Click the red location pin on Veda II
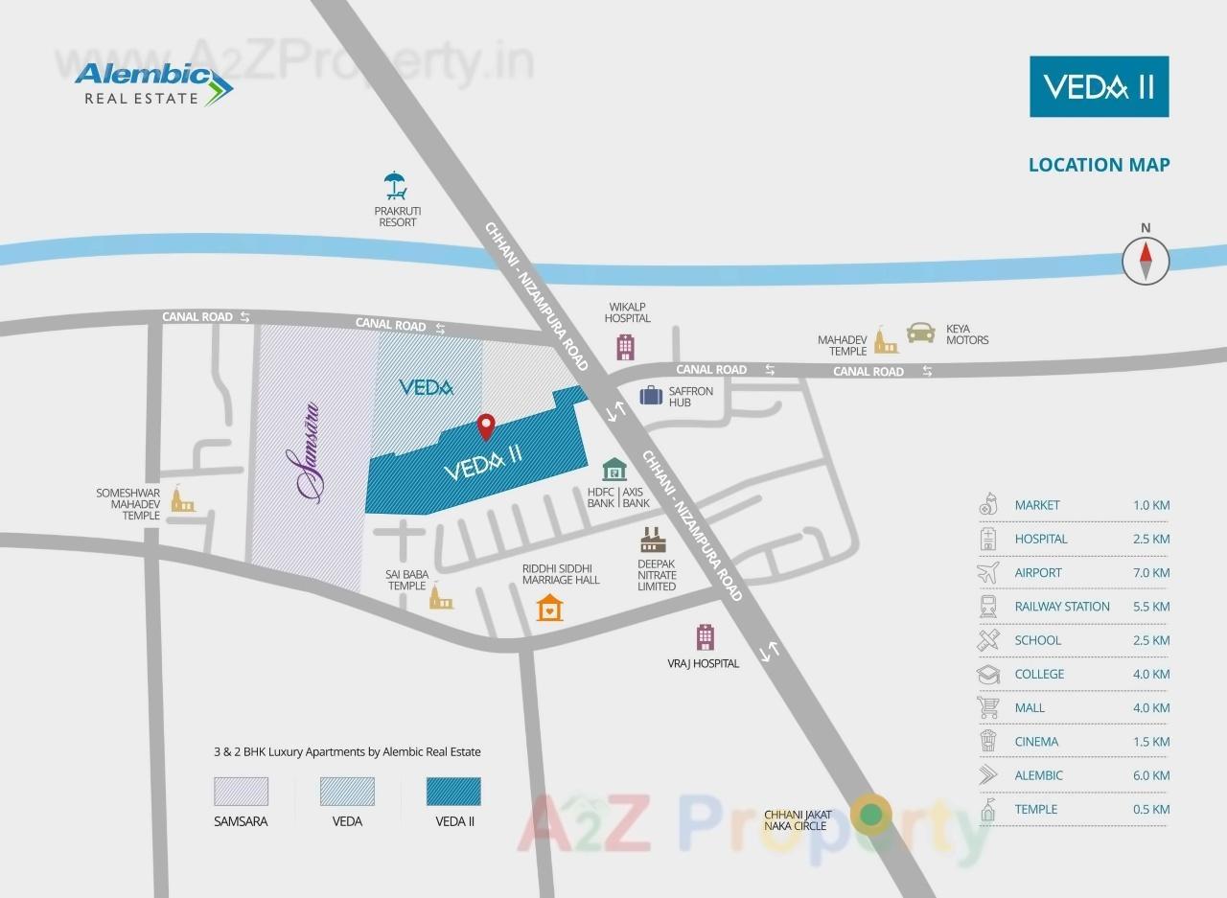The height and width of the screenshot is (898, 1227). [486, 426]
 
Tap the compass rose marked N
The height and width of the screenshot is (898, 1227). [1146, 260]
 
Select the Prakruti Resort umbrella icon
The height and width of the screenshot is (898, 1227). [395, 184]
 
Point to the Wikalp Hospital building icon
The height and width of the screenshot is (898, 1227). [626, 347]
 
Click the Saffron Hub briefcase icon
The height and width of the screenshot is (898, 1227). [652, 394]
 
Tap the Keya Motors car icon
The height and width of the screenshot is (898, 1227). [920, 332]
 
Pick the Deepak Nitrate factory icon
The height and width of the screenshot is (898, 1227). [656, 539]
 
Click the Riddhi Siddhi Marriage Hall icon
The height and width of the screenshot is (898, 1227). [549, 608]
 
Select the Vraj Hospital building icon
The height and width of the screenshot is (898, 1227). [705, 637]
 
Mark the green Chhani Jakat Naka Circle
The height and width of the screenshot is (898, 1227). [871, 816]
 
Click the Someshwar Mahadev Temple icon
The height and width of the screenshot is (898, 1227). [180, 499]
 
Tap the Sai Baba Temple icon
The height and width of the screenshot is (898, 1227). [440, 597]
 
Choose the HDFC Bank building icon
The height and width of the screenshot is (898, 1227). [614, 469]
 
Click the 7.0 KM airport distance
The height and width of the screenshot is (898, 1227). [1150, 572]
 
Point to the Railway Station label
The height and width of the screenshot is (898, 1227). [1062, 607]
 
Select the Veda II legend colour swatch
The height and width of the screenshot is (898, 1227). [453, 792]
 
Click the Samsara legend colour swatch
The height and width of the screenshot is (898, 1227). [241, 792]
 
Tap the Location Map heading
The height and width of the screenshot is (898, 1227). [1099, 165]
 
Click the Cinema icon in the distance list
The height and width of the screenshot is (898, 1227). [988, 741]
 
